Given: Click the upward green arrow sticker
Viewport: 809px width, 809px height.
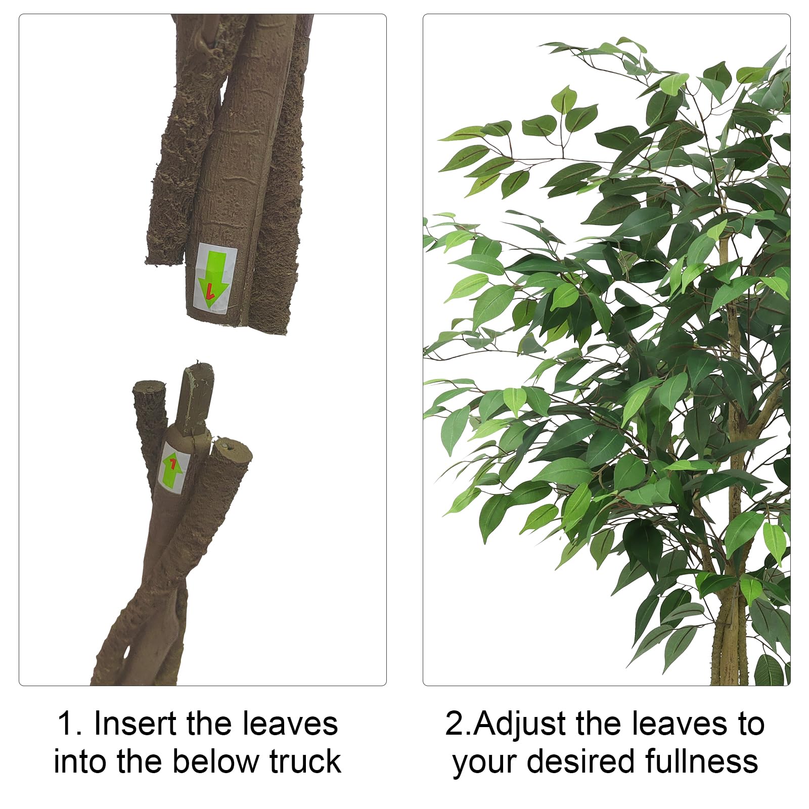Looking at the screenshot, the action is (x=173, y=467).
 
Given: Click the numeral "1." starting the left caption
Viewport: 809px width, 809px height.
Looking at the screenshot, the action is (x=69, y=724).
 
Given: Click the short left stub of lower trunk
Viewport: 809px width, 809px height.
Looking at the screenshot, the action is (x=150, y=415).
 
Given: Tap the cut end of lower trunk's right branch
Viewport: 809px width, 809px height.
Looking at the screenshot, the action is (x=232, y=449).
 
